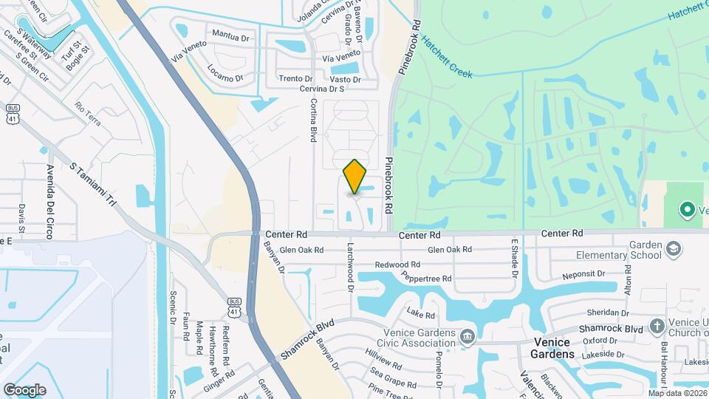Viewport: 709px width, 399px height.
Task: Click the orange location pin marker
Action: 355,177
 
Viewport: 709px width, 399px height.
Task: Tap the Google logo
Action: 24,389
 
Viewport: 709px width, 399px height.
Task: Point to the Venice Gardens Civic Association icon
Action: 467,338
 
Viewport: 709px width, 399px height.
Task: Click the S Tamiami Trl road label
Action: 93,184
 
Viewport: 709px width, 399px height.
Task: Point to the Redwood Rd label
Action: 397,264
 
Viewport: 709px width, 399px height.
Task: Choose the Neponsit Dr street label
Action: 583,274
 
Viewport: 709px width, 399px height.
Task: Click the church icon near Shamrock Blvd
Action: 657,327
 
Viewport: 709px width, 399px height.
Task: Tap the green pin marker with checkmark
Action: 685,210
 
